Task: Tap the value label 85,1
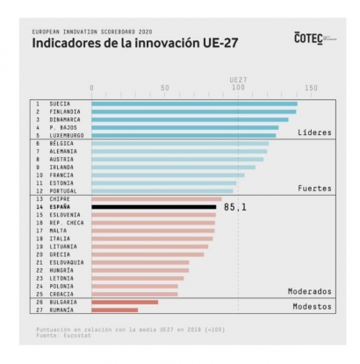[235, 207]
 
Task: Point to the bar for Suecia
[193, 103]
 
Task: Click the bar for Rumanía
[114, 310]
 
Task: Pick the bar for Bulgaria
[125, 302]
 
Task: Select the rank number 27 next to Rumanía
[39, 310]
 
